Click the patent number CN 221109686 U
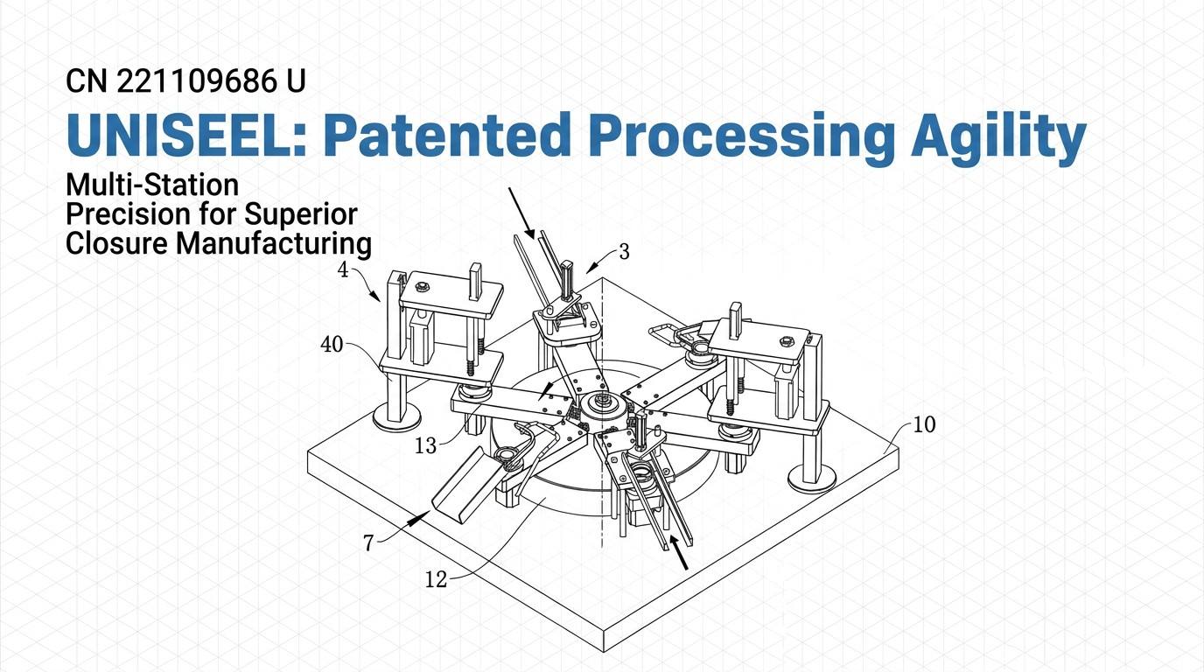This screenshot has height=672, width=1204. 186,81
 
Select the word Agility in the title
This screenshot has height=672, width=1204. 998,138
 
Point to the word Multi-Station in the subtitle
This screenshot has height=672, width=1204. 152,185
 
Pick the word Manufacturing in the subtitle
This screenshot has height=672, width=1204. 274,243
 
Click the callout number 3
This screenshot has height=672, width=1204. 624,252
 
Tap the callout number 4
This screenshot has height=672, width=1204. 343,269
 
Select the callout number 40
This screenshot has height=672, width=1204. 332,345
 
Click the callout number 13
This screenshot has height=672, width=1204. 426,445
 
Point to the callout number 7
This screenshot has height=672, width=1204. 368,543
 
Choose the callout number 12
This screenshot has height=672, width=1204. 436,579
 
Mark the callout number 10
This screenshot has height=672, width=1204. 925,424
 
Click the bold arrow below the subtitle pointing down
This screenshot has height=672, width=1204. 521,213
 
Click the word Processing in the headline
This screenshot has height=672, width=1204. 740,138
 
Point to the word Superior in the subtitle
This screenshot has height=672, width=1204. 301,214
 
